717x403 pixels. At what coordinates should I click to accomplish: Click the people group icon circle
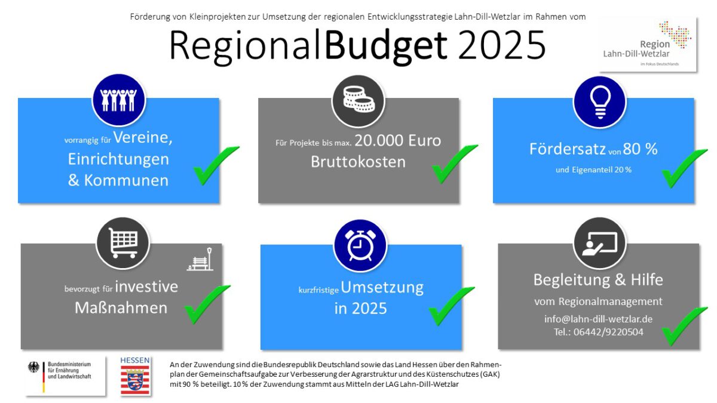click(118, 100)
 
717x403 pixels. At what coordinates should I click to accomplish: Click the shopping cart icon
click(123, 243)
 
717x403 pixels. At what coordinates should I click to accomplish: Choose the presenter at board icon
click(599, 243)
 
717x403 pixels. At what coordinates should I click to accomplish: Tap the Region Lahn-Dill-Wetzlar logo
click(648, 44)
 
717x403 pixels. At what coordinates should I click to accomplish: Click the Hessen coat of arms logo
click(136, 376)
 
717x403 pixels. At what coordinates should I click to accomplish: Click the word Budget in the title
click(387, 44)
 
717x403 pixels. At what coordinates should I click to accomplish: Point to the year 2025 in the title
click(502, 44)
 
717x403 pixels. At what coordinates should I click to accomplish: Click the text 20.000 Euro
click(397, 141)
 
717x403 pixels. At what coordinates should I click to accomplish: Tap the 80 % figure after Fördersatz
click(640, 149)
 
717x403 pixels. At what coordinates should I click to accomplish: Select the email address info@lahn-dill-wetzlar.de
click(598, 319)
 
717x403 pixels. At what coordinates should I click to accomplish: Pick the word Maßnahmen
click(121, 308)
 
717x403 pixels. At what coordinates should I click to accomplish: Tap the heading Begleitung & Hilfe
click(598, 279)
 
